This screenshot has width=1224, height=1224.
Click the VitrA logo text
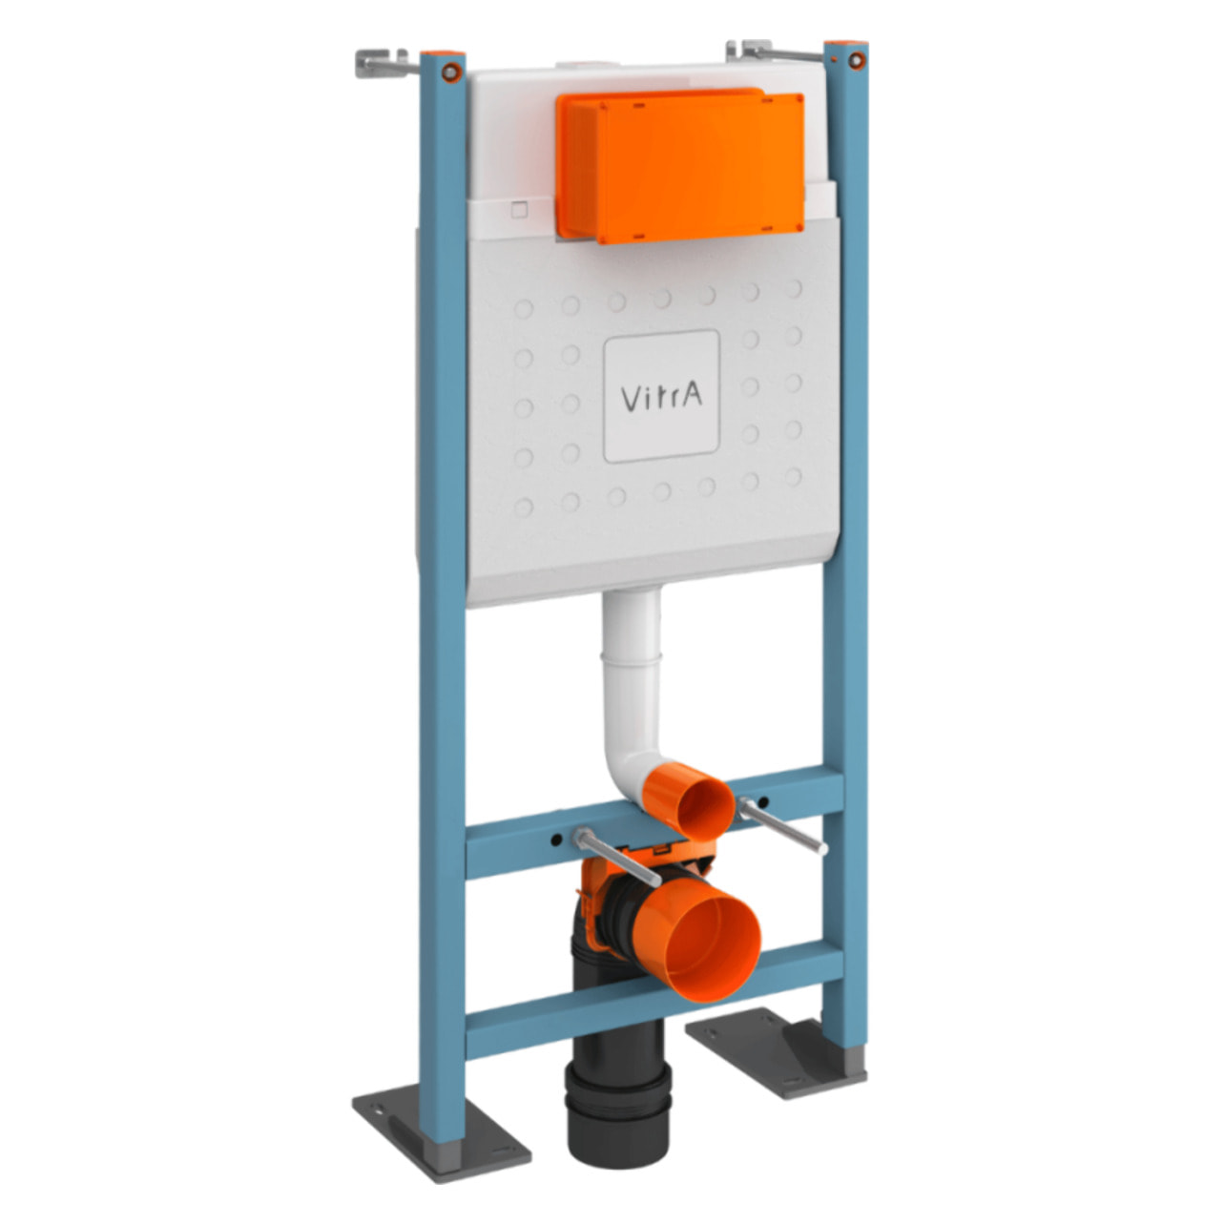661,397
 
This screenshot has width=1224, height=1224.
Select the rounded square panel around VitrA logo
661,396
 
